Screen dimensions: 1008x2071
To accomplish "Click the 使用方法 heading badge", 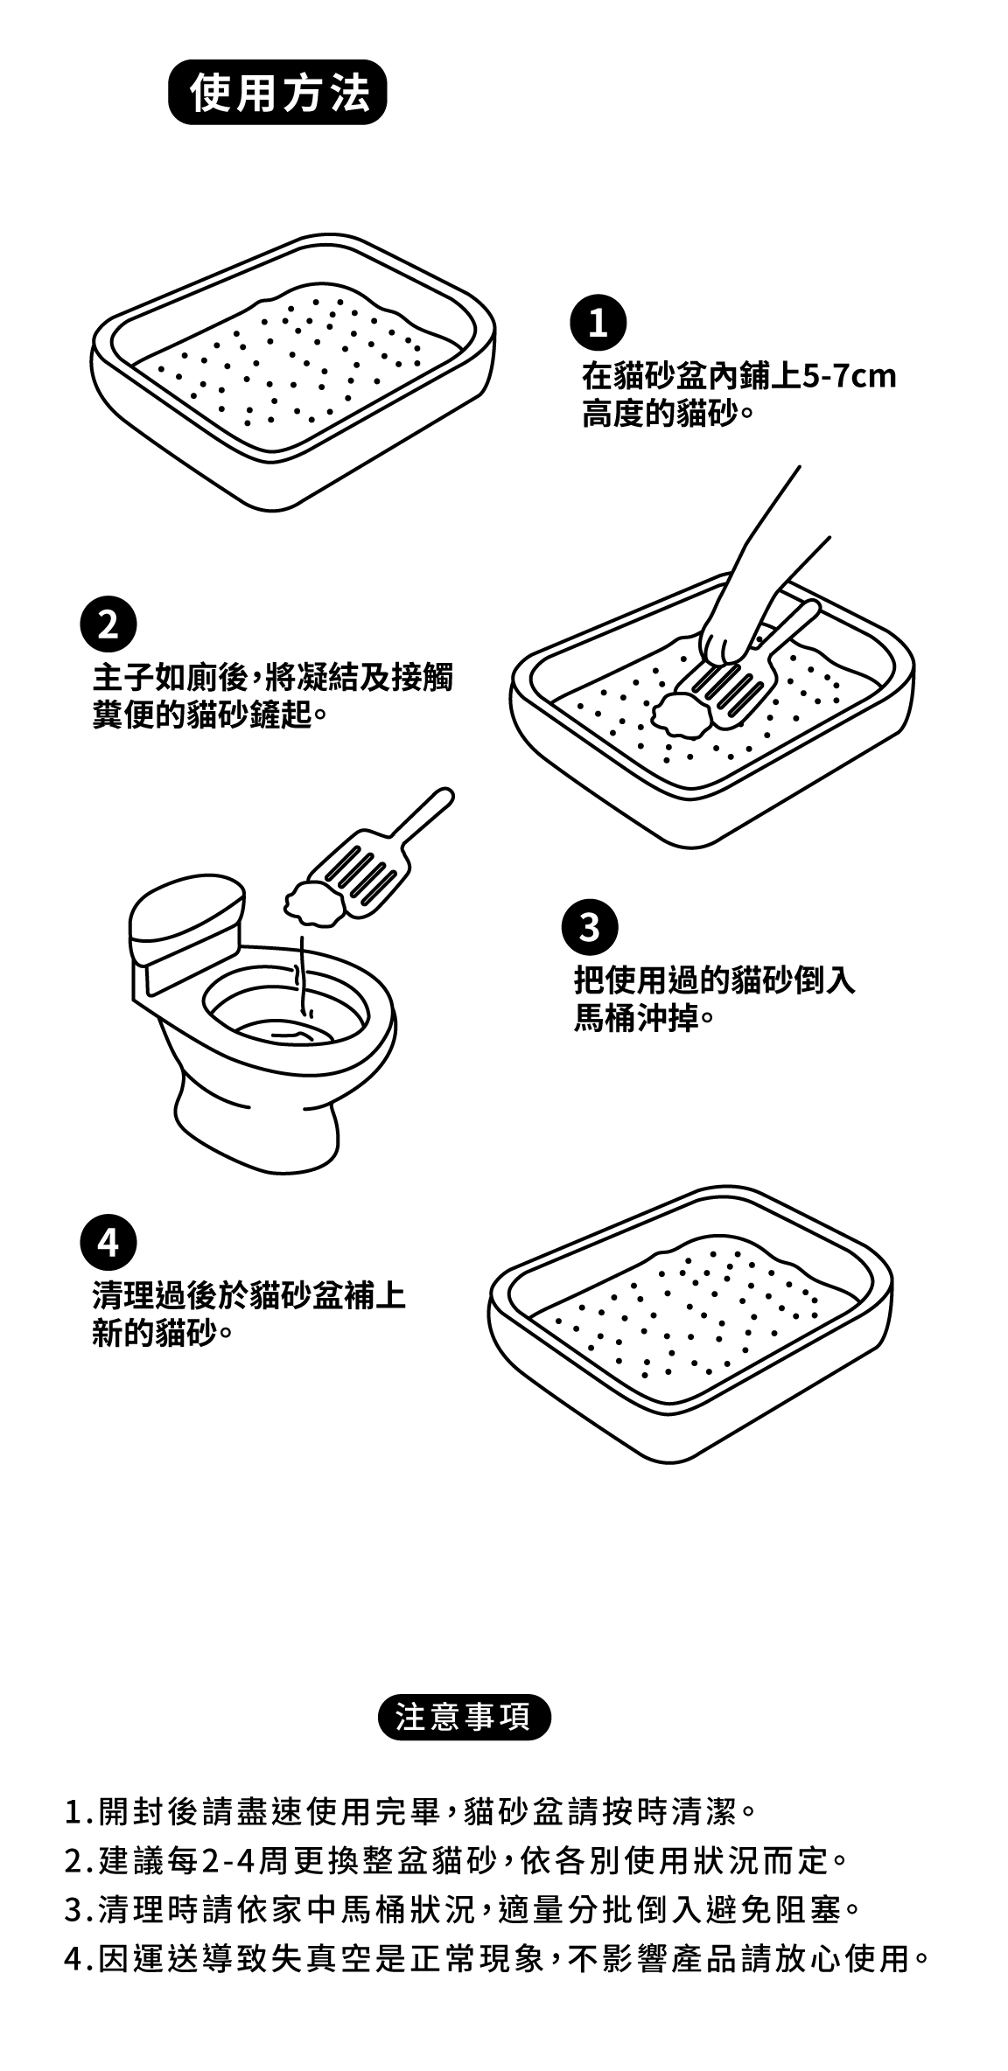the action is pos(276,92).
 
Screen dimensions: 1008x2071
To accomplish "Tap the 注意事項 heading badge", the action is pos(464,1717).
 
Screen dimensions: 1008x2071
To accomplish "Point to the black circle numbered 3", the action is pos(591,928).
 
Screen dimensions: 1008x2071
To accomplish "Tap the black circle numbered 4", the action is pos(108,1242).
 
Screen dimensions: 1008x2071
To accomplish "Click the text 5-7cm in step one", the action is pos(850,377).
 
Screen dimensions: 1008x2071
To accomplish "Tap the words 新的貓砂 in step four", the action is pos(155,1335).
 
